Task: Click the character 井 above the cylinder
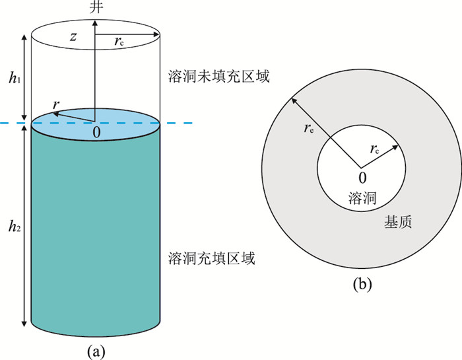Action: point(96,7)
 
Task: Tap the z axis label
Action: point(73,36)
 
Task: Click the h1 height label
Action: point(15,78)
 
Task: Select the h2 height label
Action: point(15,226)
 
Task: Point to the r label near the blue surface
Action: point(55,104)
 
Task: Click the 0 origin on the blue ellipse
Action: point(96,132)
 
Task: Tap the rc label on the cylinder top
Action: point(119,41)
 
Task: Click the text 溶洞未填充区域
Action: point(218,77)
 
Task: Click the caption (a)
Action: point(96,351)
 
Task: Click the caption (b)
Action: point(362,284)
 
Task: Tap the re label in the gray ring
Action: point(309,129)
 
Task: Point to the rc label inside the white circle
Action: point(375,149)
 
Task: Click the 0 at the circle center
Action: point(362,178)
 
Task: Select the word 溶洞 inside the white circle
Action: point(362,198)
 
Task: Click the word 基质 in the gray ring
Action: point(398,222)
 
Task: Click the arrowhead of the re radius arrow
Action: point(294,101)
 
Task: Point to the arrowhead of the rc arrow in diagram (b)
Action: point(395,147)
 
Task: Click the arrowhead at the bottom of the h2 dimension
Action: point(24,324)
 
